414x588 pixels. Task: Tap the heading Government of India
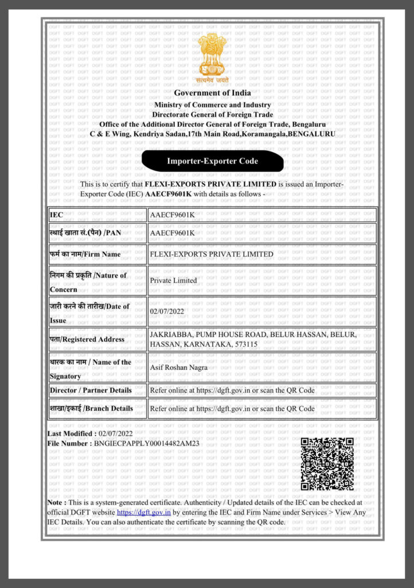(212, 93)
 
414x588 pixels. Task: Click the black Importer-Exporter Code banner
(212, 161)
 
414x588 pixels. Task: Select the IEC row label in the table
(56, 215)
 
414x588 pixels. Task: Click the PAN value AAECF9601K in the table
(172, 233)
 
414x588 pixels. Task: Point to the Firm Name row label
(85, 254)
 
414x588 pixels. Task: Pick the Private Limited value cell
(173, 280)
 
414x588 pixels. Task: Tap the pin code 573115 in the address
(243, 344)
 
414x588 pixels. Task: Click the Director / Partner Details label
(91, 390)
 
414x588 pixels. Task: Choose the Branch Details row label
(91, 409)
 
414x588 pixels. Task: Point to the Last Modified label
(72, 434)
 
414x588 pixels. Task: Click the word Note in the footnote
(56, 502)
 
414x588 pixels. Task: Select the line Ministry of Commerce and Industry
(212, 105)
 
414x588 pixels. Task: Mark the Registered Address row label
(87, 339)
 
